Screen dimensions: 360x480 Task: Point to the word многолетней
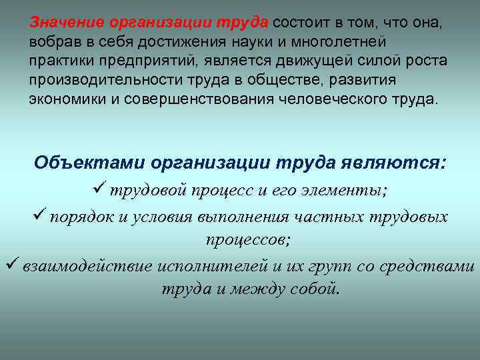332,42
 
